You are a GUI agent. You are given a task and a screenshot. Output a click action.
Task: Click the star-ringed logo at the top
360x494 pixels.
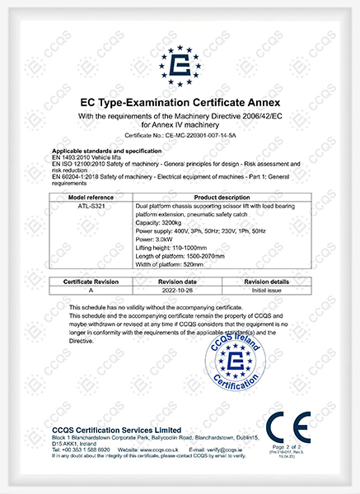coord(180,64)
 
